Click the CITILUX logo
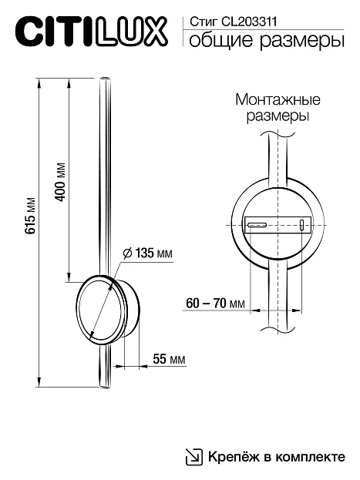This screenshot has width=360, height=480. [x=91, y=32]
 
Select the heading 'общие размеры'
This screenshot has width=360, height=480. [x=267, y=41]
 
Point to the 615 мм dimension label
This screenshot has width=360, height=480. [x=31, y=216]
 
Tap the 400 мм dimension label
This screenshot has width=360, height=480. [x=60, y=182]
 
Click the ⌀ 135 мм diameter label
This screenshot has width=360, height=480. [x=148, y=253]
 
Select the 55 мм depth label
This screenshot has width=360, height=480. [x=169, y=359]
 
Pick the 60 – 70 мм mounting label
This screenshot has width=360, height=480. [x=215, y=304]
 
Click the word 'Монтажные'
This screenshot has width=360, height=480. [x=278, y=100]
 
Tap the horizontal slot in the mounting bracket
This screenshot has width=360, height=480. [x=257, y=225]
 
